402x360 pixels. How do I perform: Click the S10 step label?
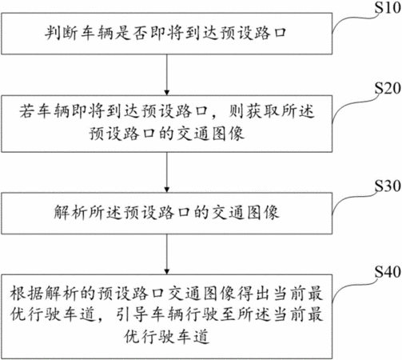coord(388,7)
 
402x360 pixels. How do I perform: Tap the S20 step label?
coord(388,88)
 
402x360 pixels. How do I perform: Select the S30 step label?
coord(388,186)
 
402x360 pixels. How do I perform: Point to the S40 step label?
coord(388,272)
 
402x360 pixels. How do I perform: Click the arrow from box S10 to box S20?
coord(167,74)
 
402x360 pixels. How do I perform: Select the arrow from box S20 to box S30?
coord(167,172)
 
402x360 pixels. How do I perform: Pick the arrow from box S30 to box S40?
coord(167,254)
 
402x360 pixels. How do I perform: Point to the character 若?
coord(27,111)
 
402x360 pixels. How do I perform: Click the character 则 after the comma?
coord(237,111)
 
